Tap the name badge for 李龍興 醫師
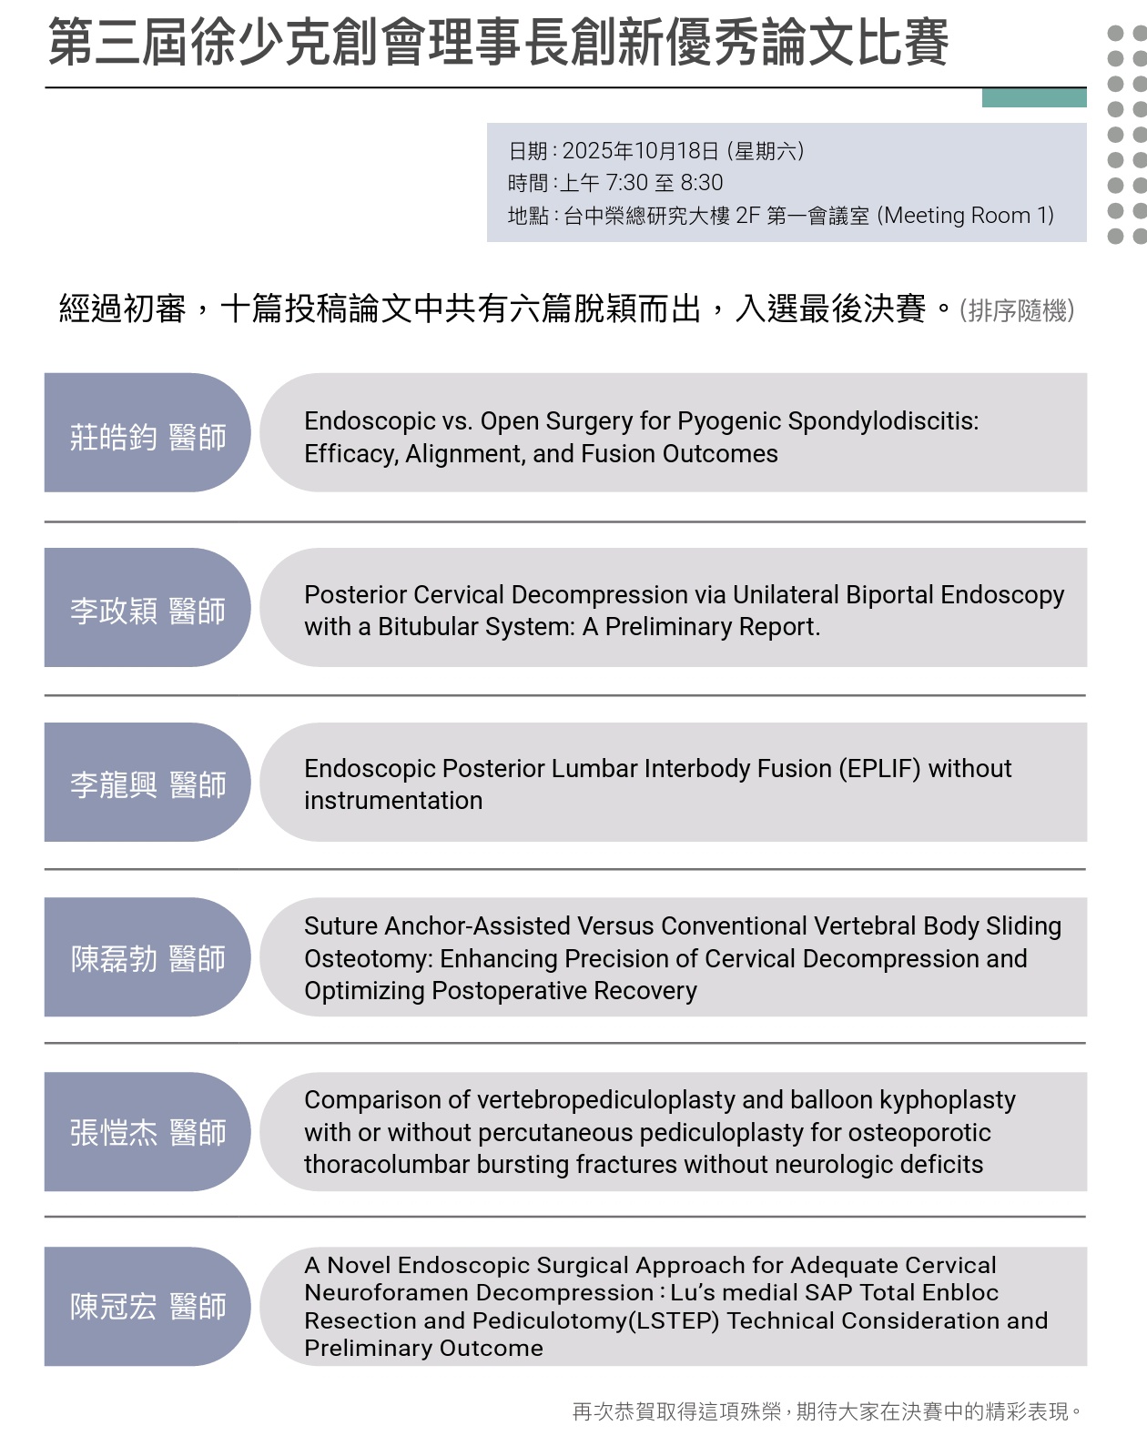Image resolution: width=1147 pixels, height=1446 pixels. (x=147, y=783)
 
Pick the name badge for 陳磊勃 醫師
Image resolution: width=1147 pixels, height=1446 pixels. (x=147, y=957)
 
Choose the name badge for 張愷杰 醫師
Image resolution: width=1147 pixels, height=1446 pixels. (x=147, y=1132)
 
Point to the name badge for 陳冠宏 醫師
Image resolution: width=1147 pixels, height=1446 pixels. (x=147, y=1306)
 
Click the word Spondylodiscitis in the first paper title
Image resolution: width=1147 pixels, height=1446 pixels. (x=882, y=421)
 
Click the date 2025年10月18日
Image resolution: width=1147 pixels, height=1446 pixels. (x=641, y=151)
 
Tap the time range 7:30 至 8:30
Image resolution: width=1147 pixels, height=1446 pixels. (x=665, y=183)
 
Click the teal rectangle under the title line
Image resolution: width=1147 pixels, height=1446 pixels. (x=1034, y=97)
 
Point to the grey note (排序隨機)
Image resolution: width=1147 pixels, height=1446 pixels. (x=1017, y=311)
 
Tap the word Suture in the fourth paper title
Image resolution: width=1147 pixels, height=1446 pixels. (x=340, y=926)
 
